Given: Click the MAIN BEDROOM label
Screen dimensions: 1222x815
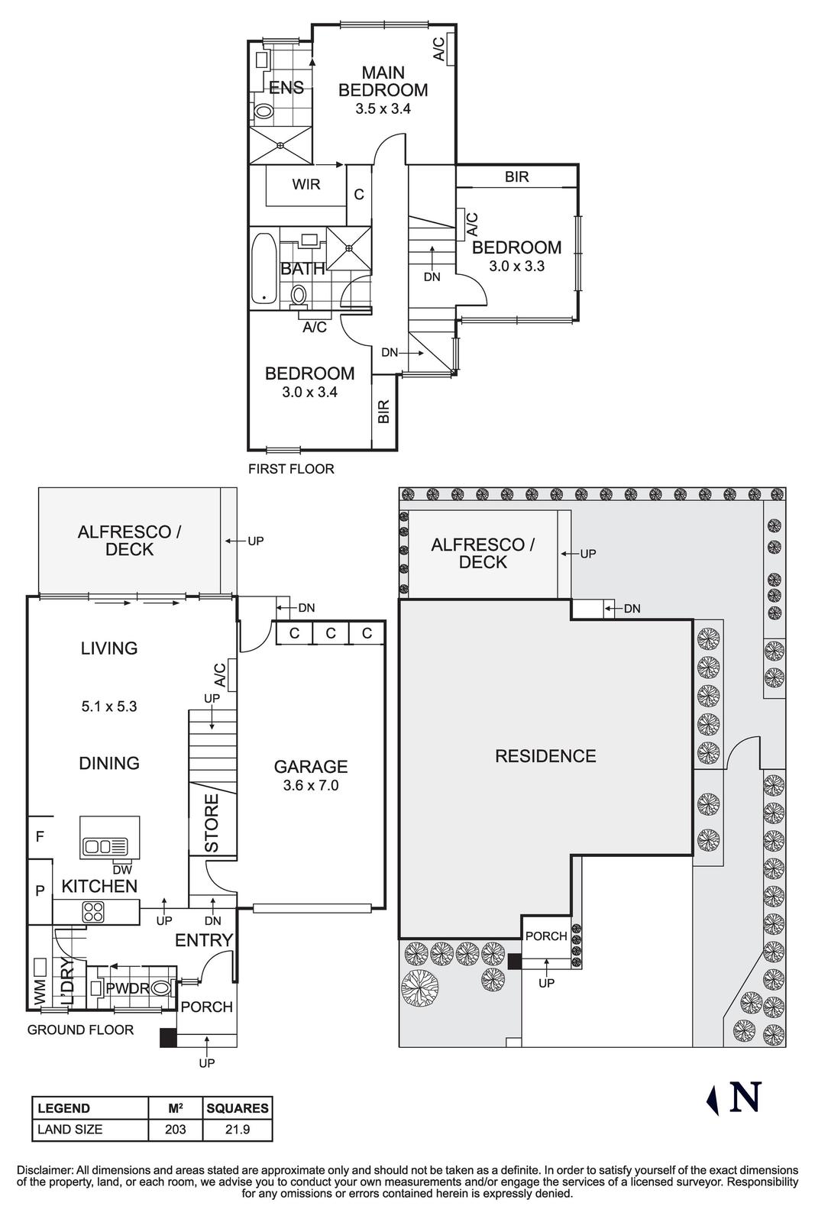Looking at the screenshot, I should coord(383,81).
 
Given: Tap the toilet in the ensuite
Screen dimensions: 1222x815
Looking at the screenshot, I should coord(263,111).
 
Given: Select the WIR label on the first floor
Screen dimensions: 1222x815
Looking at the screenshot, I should coord(306,184).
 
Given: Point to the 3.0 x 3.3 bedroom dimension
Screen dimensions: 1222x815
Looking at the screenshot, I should coord(516,267).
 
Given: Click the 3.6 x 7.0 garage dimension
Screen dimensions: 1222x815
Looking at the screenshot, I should coord(310,785).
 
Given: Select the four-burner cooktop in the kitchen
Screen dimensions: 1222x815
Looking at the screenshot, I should coord(93,911).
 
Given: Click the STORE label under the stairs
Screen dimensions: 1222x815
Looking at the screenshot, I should coord(212,823).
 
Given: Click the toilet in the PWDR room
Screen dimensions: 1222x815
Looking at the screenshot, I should coord(161,988).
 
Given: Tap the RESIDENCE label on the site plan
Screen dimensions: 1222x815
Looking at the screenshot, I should coord(545,756).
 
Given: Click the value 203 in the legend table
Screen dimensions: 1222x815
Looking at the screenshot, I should coord(176,1130).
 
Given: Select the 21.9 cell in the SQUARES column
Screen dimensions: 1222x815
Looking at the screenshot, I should coord(238,1130).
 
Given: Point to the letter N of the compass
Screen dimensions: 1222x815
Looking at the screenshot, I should coord(745,1097).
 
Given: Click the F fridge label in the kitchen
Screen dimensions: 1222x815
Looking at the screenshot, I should coord(40,837).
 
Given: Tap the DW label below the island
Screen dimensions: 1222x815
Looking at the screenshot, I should coord(121,869).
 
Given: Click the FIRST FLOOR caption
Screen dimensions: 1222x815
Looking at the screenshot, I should coord(291,469).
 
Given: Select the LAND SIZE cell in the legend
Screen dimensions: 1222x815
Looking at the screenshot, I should coord(70,1130).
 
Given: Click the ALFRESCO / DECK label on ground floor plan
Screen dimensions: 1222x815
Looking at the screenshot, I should coord(129,541).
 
